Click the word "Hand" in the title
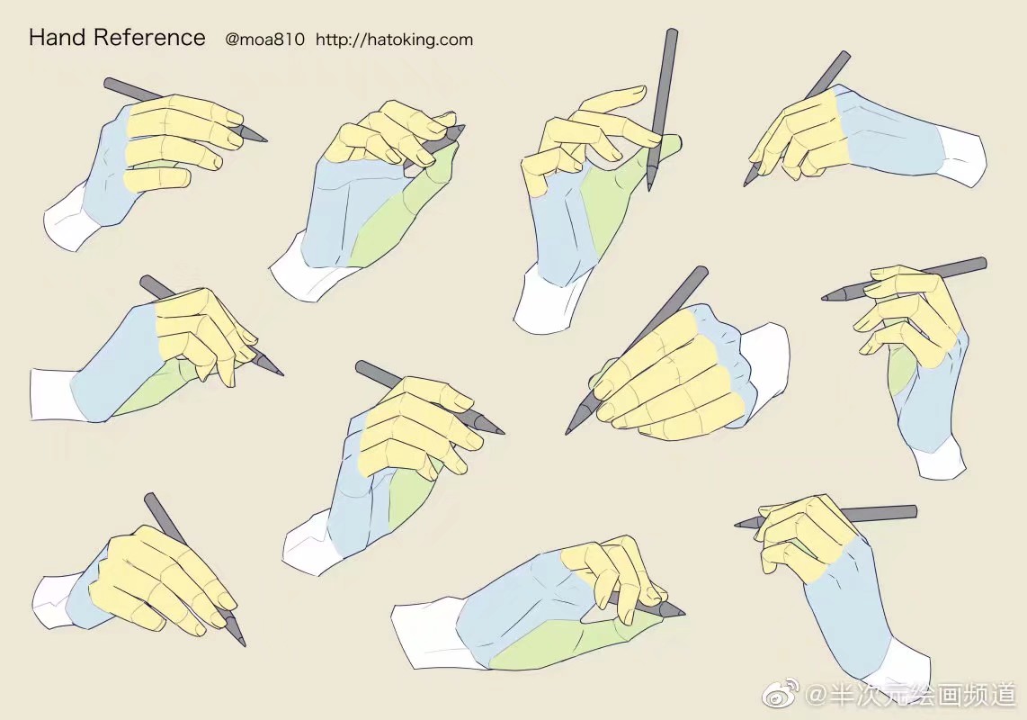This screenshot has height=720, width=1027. click(58, 38)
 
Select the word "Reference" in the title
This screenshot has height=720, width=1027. click(149, 38)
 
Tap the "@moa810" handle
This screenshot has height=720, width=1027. click(264, 40)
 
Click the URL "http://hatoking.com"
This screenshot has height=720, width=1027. click(394, 40)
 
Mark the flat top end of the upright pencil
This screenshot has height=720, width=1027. click(672, 32)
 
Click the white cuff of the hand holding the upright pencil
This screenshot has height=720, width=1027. click(548, 306)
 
